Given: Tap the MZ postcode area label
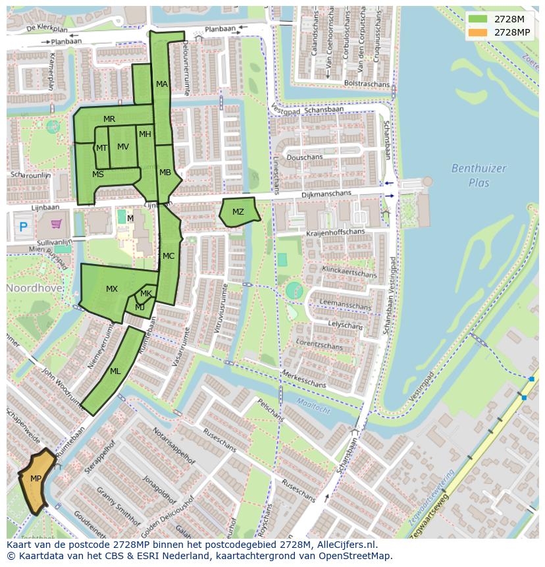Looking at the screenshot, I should tap(238, 212).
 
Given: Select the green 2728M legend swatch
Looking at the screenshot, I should tap(479, 19).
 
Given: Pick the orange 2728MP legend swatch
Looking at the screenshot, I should tap(479, 32).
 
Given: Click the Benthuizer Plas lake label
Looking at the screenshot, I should tap(479, 175).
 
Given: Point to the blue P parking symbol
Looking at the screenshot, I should tap(24, 227).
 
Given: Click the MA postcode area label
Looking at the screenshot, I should tap(162, 84).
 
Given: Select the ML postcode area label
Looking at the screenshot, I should tap(115, 371).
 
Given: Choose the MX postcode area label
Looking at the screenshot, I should tap(112, 289).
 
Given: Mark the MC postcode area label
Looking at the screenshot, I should tap(169, 256).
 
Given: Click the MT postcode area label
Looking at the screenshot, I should tap(101, 148).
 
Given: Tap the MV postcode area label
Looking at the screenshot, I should tap(123, 147).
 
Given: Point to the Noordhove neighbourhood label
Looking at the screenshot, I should tap(35, 288).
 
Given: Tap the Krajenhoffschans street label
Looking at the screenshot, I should tap(335, 232).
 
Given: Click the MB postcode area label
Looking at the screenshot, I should tap(165, 173).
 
